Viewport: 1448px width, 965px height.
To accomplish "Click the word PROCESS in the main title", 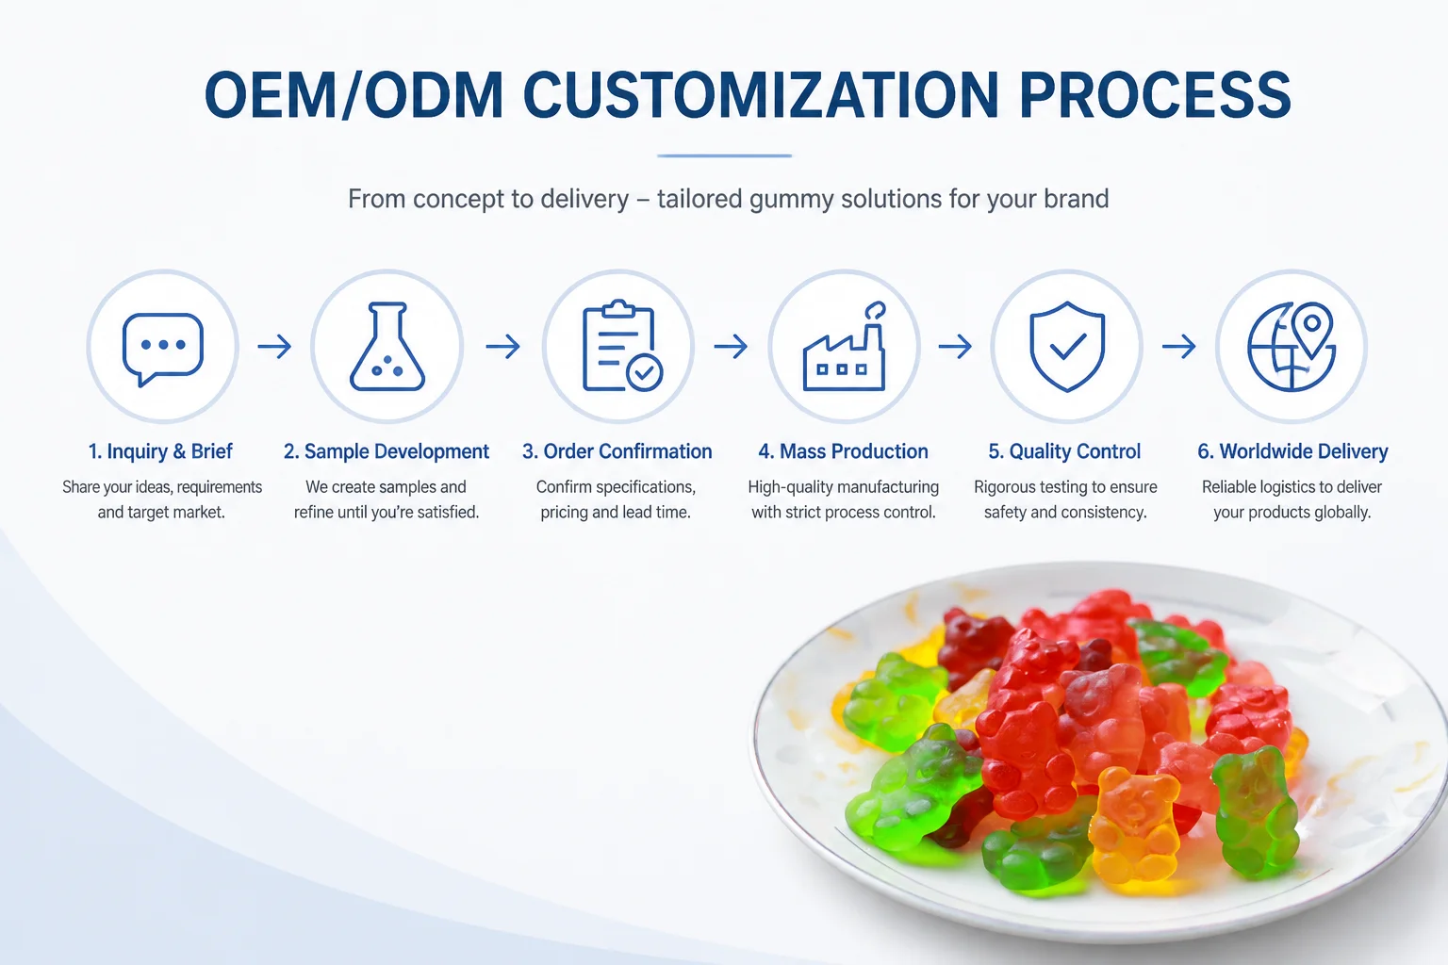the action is pyautogui.click(x=1155, y=95).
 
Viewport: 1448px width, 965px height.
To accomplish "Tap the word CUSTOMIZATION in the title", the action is pyautogui.click(x=761, y=95).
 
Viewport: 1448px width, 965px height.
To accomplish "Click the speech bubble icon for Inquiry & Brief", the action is pyautogui.click(x=163, y=349).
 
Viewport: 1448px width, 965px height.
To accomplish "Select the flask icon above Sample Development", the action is pyautogui.click(x=387, y=347).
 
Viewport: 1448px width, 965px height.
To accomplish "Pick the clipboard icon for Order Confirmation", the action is pyautogui.click(x=622, y=346).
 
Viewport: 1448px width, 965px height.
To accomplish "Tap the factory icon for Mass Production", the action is pyautogui.click(x=845, y=347).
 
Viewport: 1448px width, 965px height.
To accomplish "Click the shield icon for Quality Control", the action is pyautogui.click(x=1066, y=347).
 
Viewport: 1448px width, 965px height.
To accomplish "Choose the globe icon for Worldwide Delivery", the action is pyautogui.click(x=1291, y=347).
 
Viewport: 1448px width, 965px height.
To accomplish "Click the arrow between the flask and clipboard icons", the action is pyautogui.click(x=502, y=347).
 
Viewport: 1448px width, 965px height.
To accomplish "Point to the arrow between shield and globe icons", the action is pyautogui.click(x=1178, y=347).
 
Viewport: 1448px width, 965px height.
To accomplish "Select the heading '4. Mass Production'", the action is pyautogui.click(x=843, y=451).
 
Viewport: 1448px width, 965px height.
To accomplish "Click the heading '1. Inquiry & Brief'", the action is pyautogui.click(x=160, y=451).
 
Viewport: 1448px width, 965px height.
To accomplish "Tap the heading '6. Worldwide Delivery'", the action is pyautogui.click(x=1292, y=451).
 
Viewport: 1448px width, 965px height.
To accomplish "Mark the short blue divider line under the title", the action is pyautogui.click(x=724, y=155).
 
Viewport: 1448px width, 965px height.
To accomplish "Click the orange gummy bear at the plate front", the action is pyautogui.click(x=1134, y=824).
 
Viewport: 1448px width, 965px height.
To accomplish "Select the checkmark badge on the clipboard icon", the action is pyautogui.click(x=645, y=373).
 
